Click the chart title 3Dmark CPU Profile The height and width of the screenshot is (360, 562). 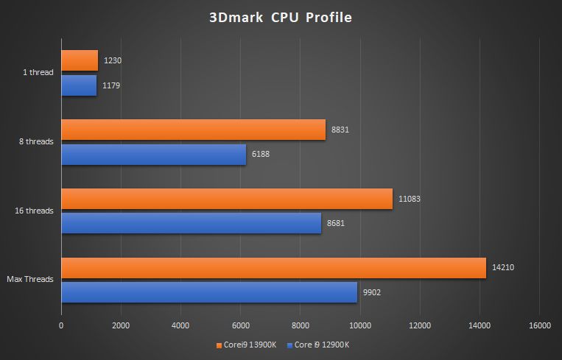click(281, 18)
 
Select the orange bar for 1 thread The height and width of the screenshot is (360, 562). click(80, 60)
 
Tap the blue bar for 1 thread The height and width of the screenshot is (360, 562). click(79, 85)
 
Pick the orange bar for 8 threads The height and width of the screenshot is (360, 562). click(193, 130)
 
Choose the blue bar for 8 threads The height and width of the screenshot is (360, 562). click(153, 155)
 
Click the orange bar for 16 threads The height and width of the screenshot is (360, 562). click(227, 199)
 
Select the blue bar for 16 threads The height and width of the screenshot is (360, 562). click(191, 223)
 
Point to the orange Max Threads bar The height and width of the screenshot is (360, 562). click(273, 268)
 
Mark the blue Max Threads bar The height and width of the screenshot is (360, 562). click(209, 292)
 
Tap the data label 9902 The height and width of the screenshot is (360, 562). click(371, 293)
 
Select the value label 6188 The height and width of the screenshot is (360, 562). click(262, 155)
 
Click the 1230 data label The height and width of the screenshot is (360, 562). click(113, 60)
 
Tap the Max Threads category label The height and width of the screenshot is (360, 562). click(30, 279)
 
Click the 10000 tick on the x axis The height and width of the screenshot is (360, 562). click(360, 325)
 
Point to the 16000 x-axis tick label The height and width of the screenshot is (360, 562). click(540, 325)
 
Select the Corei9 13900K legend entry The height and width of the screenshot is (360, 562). click(245, 345)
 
